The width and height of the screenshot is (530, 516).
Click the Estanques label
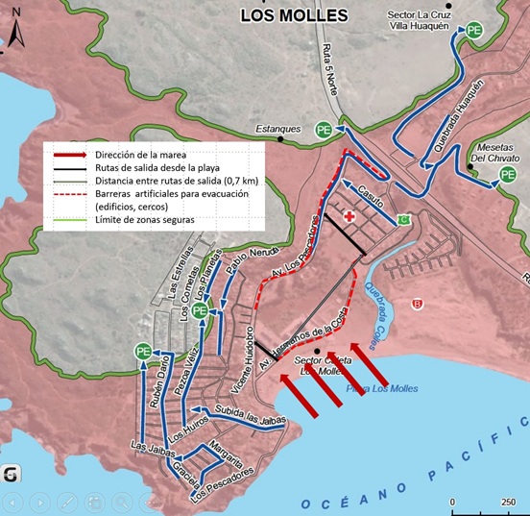click(278, 129)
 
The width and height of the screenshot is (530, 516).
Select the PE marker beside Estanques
click(325, 130)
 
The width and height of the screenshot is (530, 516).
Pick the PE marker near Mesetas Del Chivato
click(506, 176)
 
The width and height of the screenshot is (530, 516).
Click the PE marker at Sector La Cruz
click(474, 31)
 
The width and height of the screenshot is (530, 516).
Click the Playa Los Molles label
click(378, 388)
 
